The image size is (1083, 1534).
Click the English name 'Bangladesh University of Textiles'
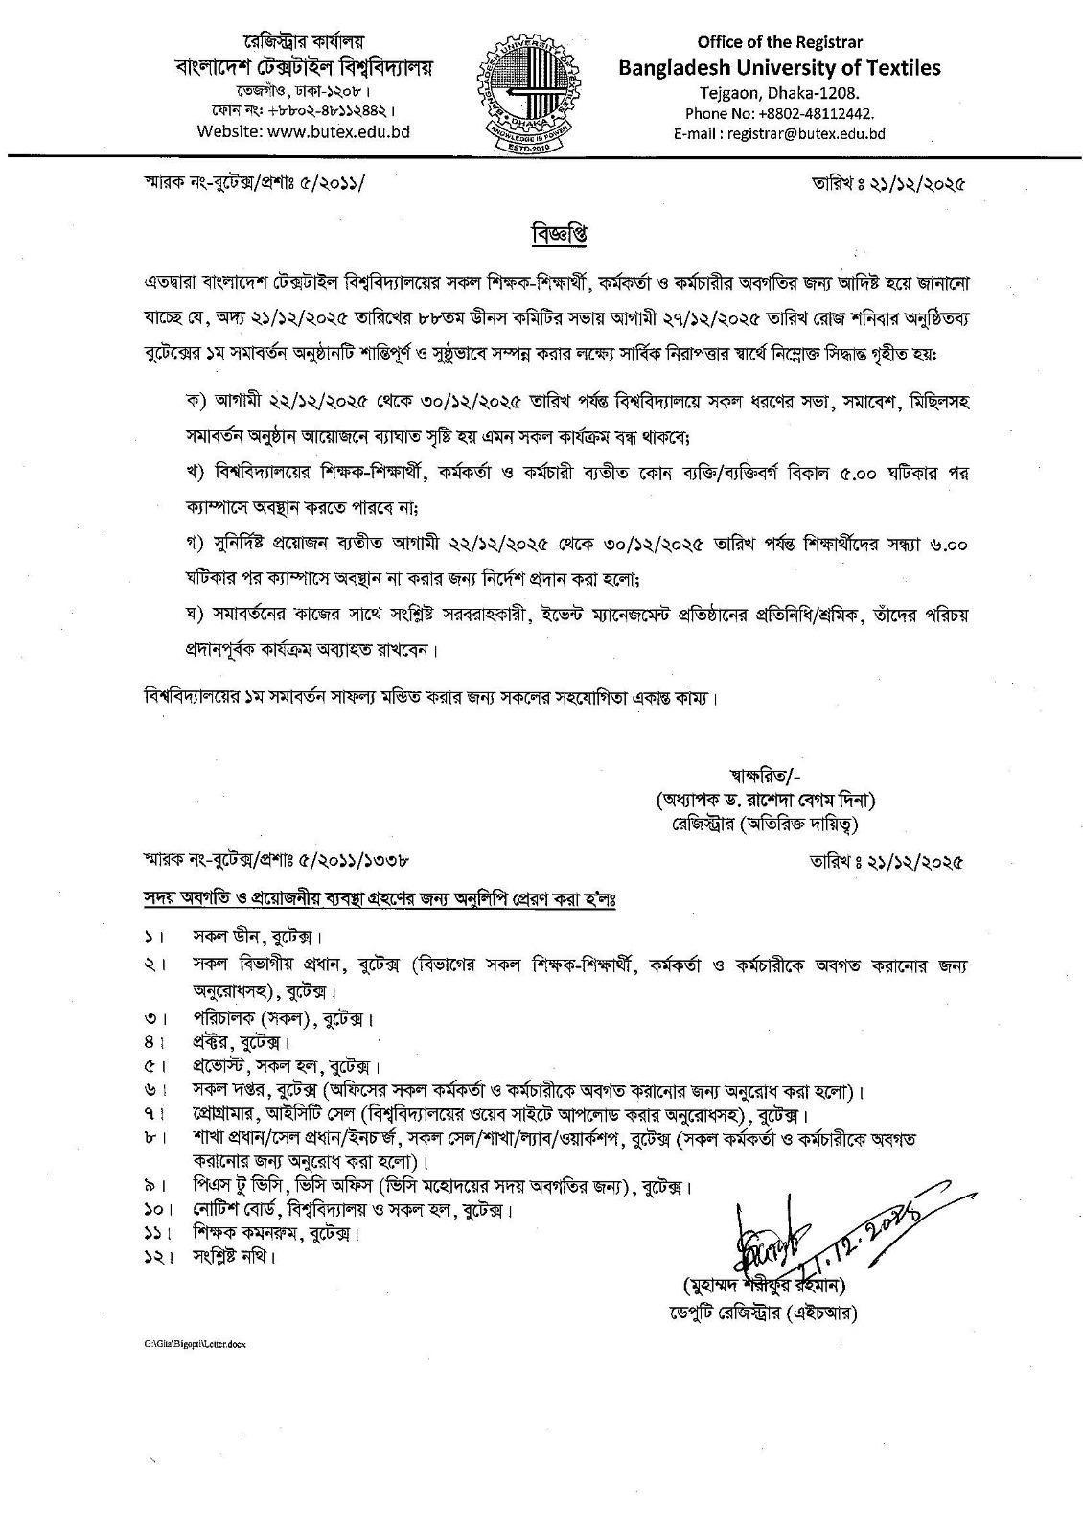[x=779, y=67]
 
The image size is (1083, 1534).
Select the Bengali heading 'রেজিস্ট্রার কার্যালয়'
[x=304, y=43]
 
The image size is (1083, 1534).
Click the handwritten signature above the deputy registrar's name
[x=767, y=1243]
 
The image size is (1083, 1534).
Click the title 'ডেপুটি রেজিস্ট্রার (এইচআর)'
[x=769, y=1313]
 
